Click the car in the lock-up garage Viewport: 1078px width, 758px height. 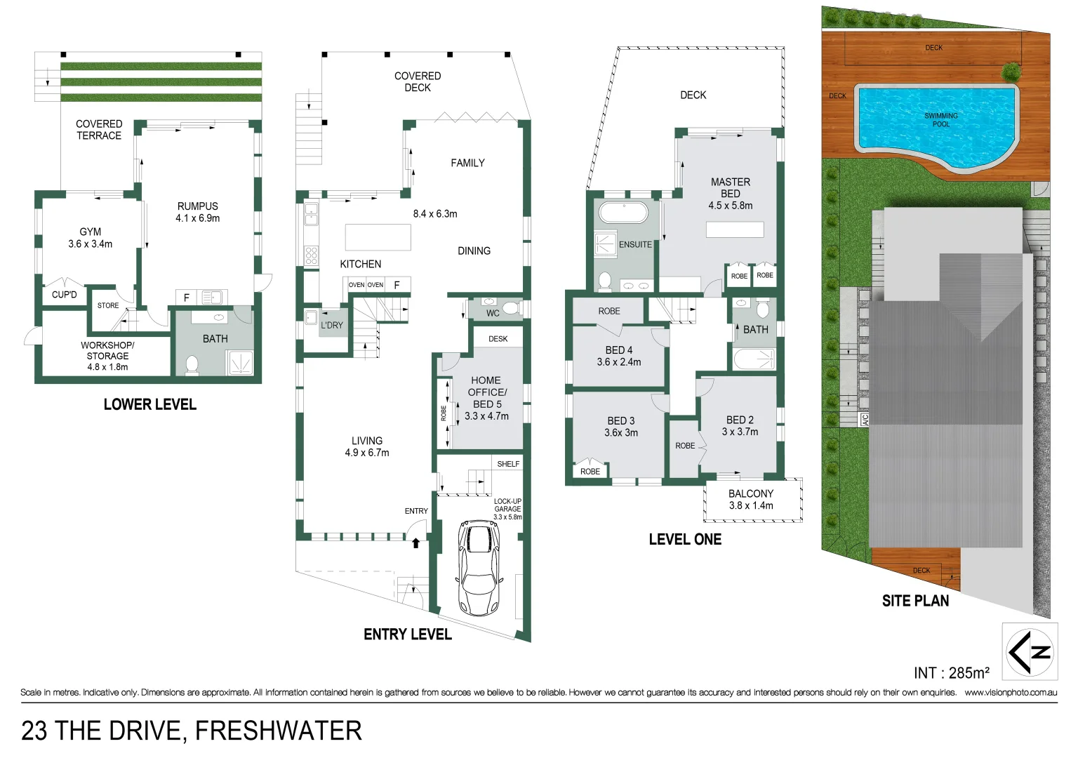click(479, 567)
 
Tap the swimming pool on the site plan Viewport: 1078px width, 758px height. click(936, 126)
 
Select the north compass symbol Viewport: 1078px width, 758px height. click(1030, 652)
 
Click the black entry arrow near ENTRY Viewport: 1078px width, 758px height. click(415, 542)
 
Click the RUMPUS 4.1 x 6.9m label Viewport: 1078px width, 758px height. click(197, 212)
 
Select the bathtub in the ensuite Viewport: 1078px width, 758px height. click(623, 213)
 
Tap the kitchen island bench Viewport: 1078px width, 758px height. click(378, 237)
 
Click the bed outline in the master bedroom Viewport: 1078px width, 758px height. click(735, 230)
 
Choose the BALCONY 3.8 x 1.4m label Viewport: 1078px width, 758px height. click(751, 500)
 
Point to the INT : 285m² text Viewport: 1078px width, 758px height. click(951, 673)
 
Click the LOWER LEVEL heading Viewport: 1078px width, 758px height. click(149, 404)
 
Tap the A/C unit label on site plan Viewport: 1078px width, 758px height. click(865, 420)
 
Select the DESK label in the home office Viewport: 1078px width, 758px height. click(498, 339)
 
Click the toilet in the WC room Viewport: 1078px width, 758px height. click(510, 307)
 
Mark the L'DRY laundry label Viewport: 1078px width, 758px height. click(332, 325)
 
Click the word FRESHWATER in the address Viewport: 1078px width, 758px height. click(278, 731)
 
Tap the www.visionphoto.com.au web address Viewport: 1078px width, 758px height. click(1011, 693)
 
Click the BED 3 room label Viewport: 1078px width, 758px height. click(621, 427)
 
